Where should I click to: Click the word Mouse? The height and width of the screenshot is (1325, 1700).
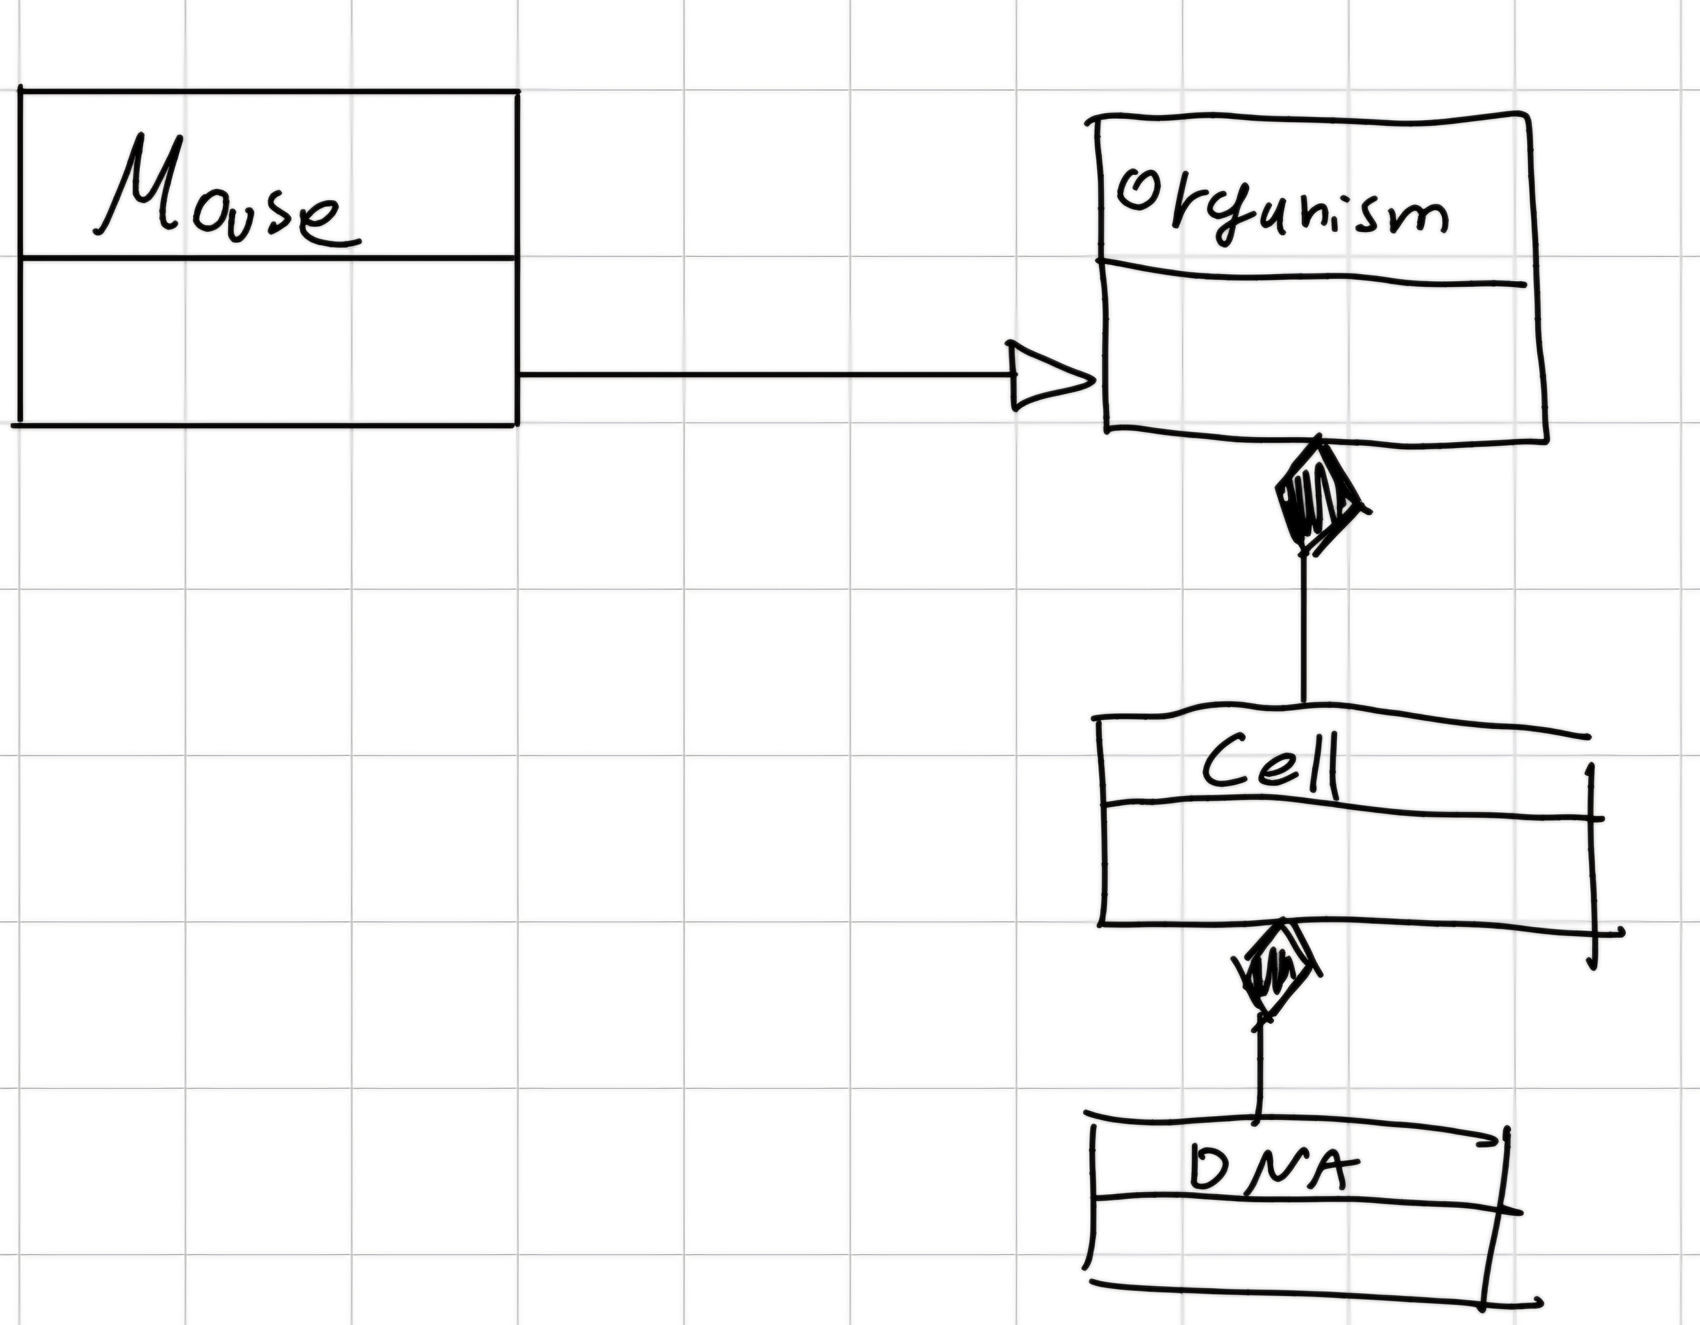(x=226, y=195)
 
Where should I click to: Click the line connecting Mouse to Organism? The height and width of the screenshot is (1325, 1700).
(x=763, y=375)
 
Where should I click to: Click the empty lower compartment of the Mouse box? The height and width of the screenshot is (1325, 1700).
(x=268, y=343)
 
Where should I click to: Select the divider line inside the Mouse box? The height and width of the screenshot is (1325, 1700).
(x=268, y=257)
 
